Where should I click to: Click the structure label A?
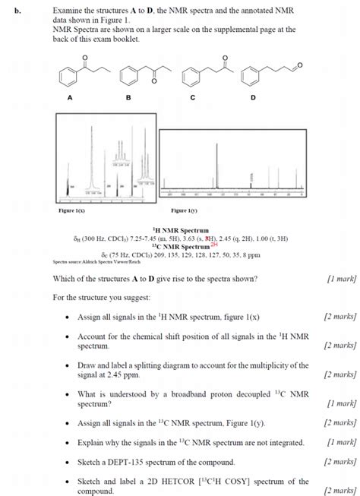tap(70, 98)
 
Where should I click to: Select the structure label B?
tap(128, 98)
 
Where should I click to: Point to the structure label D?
tap(253, 98)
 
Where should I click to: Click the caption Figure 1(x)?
tap(70, 210)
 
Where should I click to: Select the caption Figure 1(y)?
tap(185, 210)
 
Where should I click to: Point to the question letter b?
tap(27, 6)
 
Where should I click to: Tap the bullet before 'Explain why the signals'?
tap(68, 443)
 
